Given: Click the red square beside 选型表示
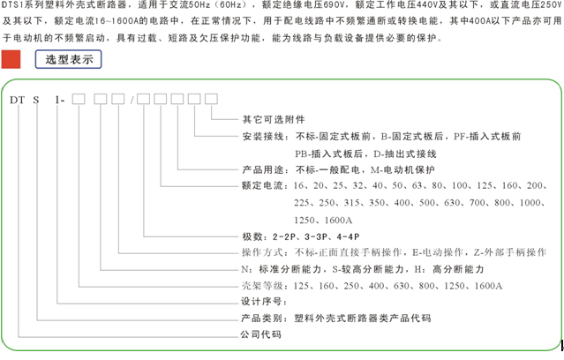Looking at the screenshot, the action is (11, 59).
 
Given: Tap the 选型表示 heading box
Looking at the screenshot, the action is (68, 59).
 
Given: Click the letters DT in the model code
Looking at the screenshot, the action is (18, 100).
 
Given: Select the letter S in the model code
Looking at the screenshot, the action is (36, 100).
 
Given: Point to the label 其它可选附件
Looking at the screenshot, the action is (274, 119).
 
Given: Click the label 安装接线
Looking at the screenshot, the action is (263, 137).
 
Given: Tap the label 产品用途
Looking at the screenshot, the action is (263, 169).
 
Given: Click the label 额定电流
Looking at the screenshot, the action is (263, 186).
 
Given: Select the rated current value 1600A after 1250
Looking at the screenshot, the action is (338, 220).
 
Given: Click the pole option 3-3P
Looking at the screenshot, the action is (316, 237).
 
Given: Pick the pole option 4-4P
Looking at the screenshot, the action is (348, 237).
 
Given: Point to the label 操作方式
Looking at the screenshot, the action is (263, 252).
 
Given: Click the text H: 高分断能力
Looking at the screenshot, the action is (449, 269).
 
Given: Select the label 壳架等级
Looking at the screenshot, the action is (263, 286).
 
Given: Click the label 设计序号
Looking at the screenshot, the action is (263, 302).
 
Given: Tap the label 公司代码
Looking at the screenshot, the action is (260, 334).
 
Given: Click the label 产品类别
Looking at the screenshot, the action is (263, 319).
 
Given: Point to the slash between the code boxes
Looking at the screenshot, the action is (132, 100).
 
